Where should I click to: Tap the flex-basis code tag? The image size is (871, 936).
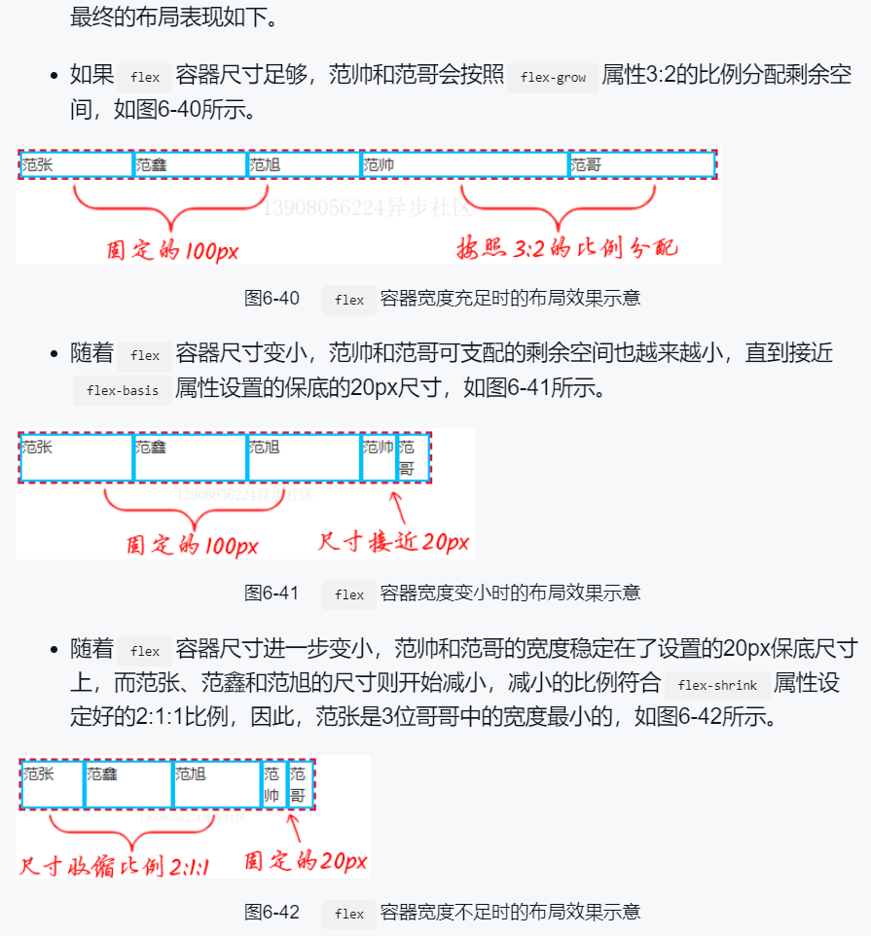[122, 391]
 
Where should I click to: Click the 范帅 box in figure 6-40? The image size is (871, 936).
[464, 165]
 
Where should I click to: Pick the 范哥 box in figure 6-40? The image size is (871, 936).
[641, 165]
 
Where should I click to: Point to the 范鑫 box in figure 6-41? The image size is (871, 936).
[190, 457]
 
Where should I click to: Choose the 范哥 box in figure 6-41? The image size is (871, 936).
[412, 457]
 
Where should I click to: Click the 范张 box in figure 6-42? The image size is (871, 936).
[53, 784]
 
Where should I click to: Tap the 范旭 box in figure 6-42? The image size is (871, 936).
[216, 784]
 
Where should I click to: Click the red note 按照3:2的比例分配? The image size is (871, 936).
[567, 248]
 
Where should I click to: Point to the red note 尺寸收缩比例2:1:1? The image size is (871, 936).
[115, 866]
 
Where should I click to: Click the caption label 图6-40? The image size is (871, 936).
[272, 298]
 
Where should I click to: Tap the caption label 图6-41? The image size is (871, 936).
[272, 593]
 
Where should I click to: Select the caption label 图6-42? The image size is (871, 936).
[272, 913]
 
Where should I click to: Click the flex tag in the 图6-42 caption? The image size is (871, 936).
[348, 914]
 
